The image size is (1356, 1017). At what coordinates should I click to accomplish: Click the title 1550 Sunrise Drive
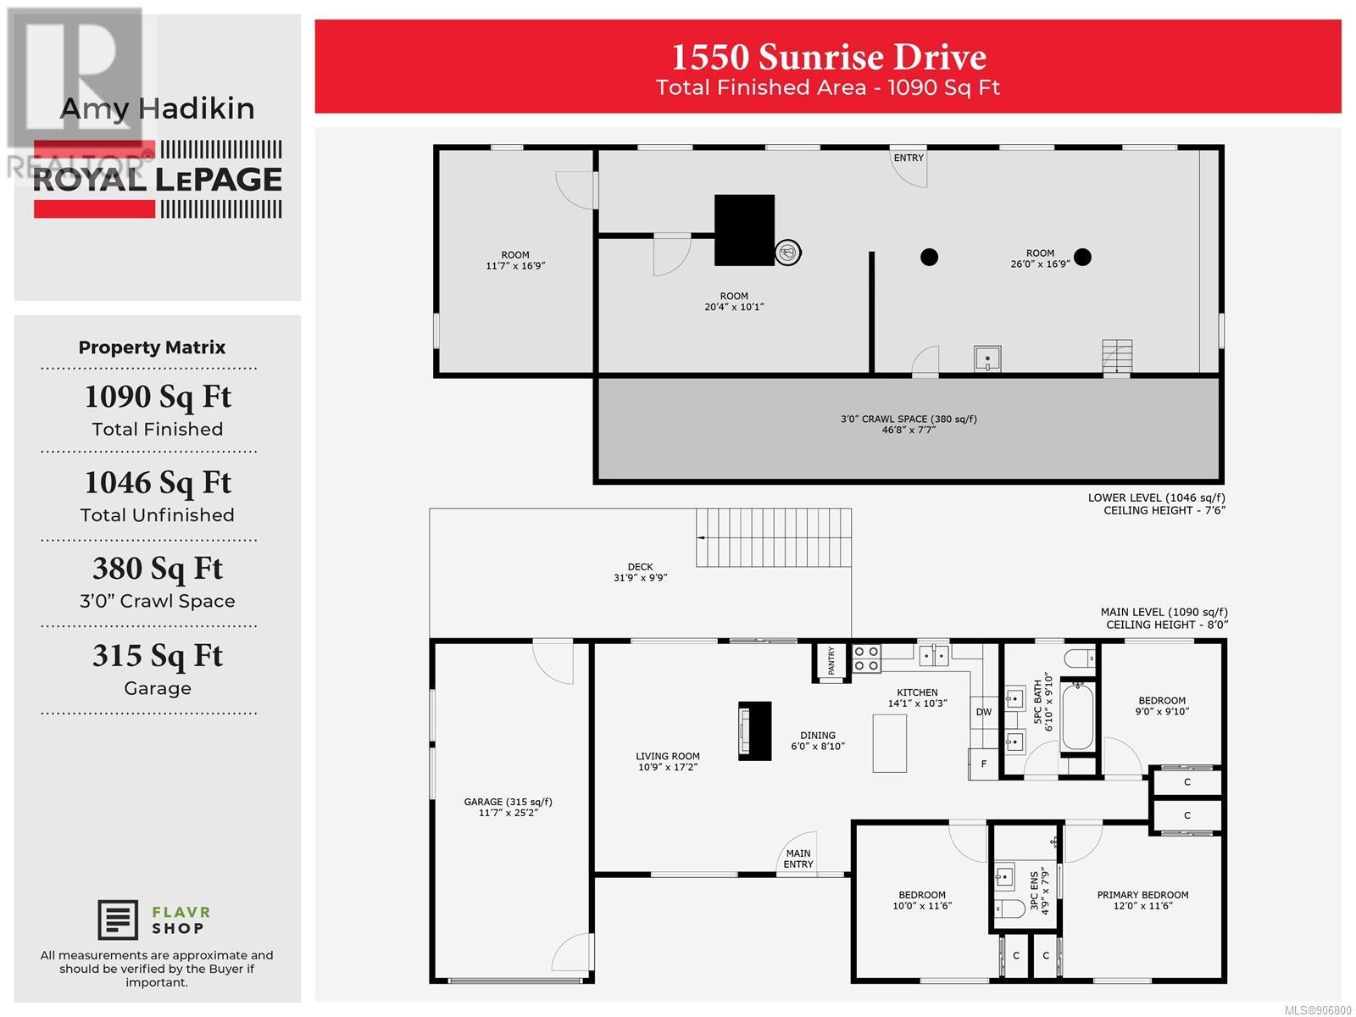[828, 57]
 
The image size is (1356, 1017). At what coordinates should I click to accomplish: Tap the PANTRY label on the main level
[831, 661]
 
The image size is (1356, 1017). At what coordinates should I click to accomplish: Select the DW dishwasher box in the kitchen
[983, 712]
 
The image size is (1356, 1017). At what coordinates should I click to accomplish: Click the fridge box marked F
[983, 764]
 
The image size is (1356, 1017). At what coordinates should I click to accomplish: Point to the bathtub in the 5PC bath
[1078, 715]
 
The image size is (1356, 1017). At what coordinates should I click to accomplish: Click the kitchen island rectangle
[890, 743]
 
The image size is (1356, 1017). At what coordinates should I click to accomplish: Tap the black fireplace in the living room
[754, 731]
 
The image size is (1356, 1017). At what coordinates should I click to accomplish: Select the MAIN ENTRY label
[798, 859]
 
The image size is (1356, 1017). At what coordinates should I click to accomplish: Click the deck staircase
[774, 537]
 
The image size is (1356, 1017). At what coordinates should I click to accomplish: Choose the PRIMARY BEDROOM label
[1142, 895]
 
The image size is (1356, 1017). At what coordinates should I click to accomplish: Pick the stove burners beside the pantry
[866, 659]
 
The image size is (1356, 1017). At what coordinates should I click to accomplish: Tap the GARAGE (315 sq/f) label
[508, 802]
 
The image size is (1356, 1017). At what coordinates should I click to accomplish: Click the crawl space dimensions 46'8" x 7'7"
[909, 430]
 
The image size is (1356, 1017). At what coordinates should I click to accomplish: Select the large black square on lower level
[744, 231]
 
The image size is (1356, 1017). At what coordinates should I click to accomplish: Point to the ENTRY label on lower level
[909, 158]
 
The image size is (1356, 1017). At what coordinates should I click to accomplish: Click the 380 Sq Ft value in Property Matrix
[158, 569]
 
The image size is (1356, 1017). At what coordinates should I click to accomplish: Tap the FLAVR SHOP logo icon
[118, 920]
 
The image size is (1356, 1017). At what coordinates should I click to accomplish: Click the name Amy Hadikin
[158, 108]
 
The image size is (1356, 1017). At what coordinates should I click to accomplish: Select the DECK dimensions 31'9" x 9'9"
[640, 578]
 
